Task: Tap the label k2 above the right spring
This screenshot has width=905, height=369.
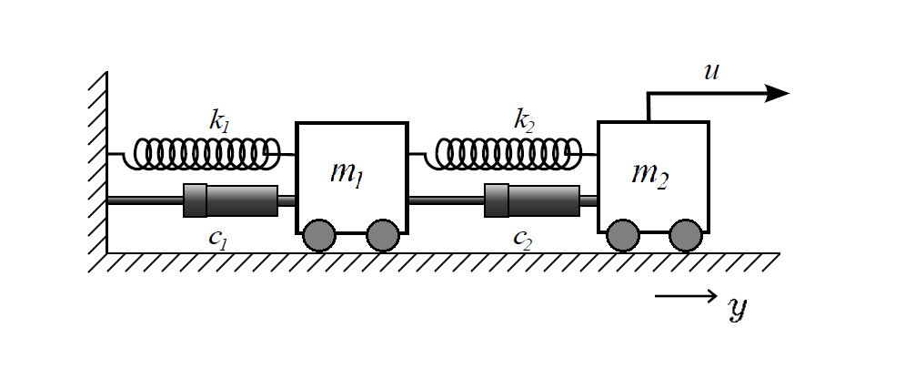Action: [x=524, y=120]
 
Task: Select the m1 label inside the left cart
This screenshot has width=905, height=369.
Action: [x=347, y=172]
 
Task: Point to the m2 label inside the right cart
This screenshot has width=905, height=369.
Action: [x=650, y=173]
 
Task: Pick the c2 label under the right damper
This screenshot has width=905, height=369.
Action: [x=522, y=240]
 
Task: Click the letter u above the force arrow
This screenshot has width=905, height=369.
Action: [x=712, y=71]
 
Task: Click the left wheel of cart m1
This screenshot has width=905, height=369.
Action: [x=319, y=235]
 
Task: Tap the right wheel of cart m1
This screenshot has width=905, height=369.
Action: [x=383, y=235]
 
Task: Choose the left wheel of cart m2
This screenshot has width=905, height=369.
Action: [x=622, y=235]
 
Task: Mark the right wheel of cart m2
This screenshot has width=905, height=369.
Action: [x=685, y=235]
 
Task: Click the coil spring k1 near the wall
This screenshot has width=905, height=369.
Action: [x=206, y=154]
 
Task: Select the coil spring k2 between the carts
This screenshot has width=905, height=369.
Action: [x=508, y=154]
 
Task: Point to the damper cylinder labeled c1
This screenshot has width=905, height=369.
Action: [x=231, y=200]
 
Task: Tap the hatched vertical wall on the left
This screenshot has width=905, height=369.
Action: [x=98, y=164]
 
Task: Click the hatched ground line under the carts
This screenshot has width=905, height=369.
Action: [x=437, y=261]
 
